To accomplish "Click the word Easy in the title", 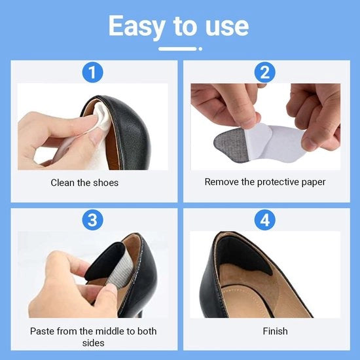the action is (x=137, y=26).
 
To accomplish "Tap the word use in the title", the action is (x=227, y=27).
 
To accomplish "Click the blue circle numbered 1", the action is (x=92, y=72).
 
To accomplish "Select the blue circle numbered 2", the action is (x=265, y=72).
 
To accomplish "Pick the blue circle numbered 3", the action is (x=92, y=220).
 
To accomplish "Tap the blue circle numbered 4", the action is (x=265, y=220).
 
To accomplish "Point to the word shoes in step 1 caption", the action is (x=106, y=183).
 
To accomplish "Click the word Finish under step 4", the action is (x=275, y=331).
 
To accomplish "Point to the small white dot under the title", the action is (x=200, y=49).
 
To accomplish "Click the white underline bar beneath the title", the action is (x=177, y=49).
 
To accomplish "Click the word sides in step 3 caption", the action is (x=93, y=343).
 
